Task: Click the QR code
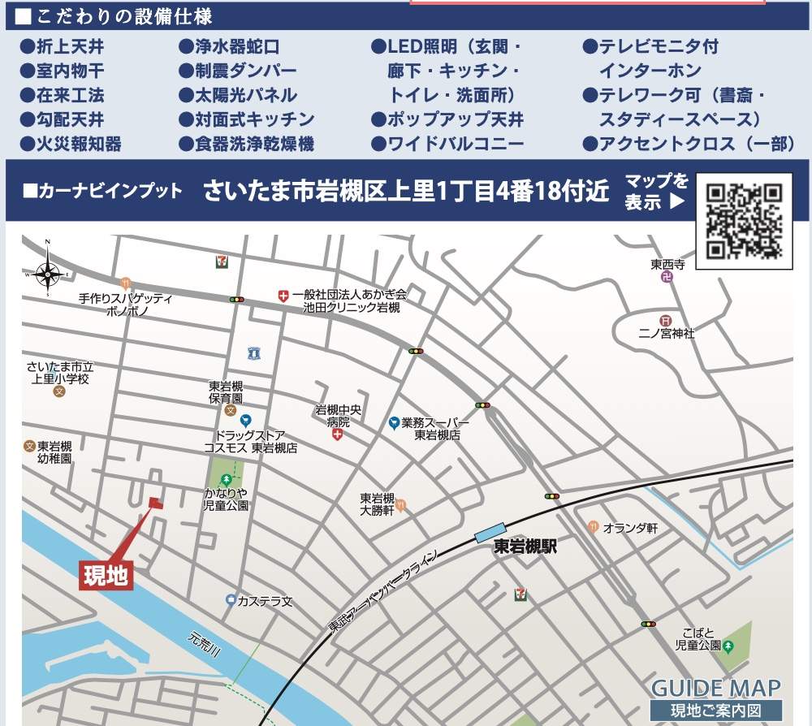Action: [x=744, y=220]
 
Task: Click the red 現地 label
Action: [x=106, y=575]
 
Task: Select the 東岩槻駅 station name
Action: [x=525, y=547]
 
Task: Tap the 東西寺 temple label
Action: [x=667, y=265]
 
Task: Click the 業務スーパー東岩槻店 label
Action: [x=436, y=429]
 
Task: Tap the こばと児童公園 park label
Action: [x=698, y=638]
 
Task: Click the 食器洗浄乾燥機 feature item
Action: [x=246, y=144]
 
